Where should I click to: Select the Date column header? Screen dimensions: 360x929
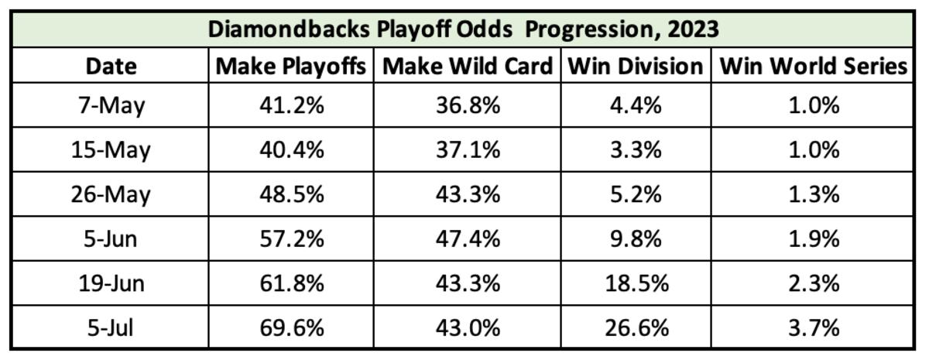[110, 67]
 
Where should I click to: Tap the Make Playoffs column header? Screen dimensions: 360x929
[290, 67]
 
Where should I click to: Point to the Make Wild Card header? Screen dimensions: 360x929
[467, 67]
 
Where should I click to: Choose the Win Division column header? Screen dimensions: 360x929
[634, 67]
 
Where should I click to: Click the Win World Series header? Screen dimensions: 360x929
[813, 67]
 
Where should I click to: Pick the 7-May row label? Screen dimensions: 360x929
[110, 105]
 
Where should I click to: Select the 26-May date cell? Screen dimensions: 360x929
[110, 194]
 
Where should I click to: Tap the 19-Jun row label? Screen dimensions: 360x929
[110, 283]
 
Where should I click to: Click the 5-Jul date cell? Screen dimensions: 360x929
[110, 327]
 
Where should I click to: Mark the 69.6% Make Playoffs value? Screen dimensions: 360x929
[290, 327]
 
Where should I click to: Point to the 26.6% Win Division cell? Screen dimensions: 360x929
[634, 327]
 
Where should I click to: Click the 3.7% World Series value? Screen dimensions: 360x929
[813, 327]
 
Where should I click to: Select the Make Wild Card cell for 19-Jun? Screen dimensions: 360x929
[467, 283]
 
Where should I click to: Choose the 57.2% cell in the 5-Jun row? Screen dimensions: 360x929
[290, 238]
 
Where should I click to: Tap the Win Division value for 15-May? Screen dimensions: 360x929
[634, 149]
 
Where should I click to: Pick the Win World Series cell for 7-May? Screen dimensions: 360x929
[813, 105]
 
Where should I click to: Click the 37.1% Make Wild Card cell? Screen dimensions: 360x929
[467, 149]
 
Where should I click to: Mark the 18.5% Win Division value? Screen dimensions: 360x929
[634, 283]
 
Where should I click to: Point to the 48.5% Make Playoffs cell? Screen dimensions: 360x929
[290, 194]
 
